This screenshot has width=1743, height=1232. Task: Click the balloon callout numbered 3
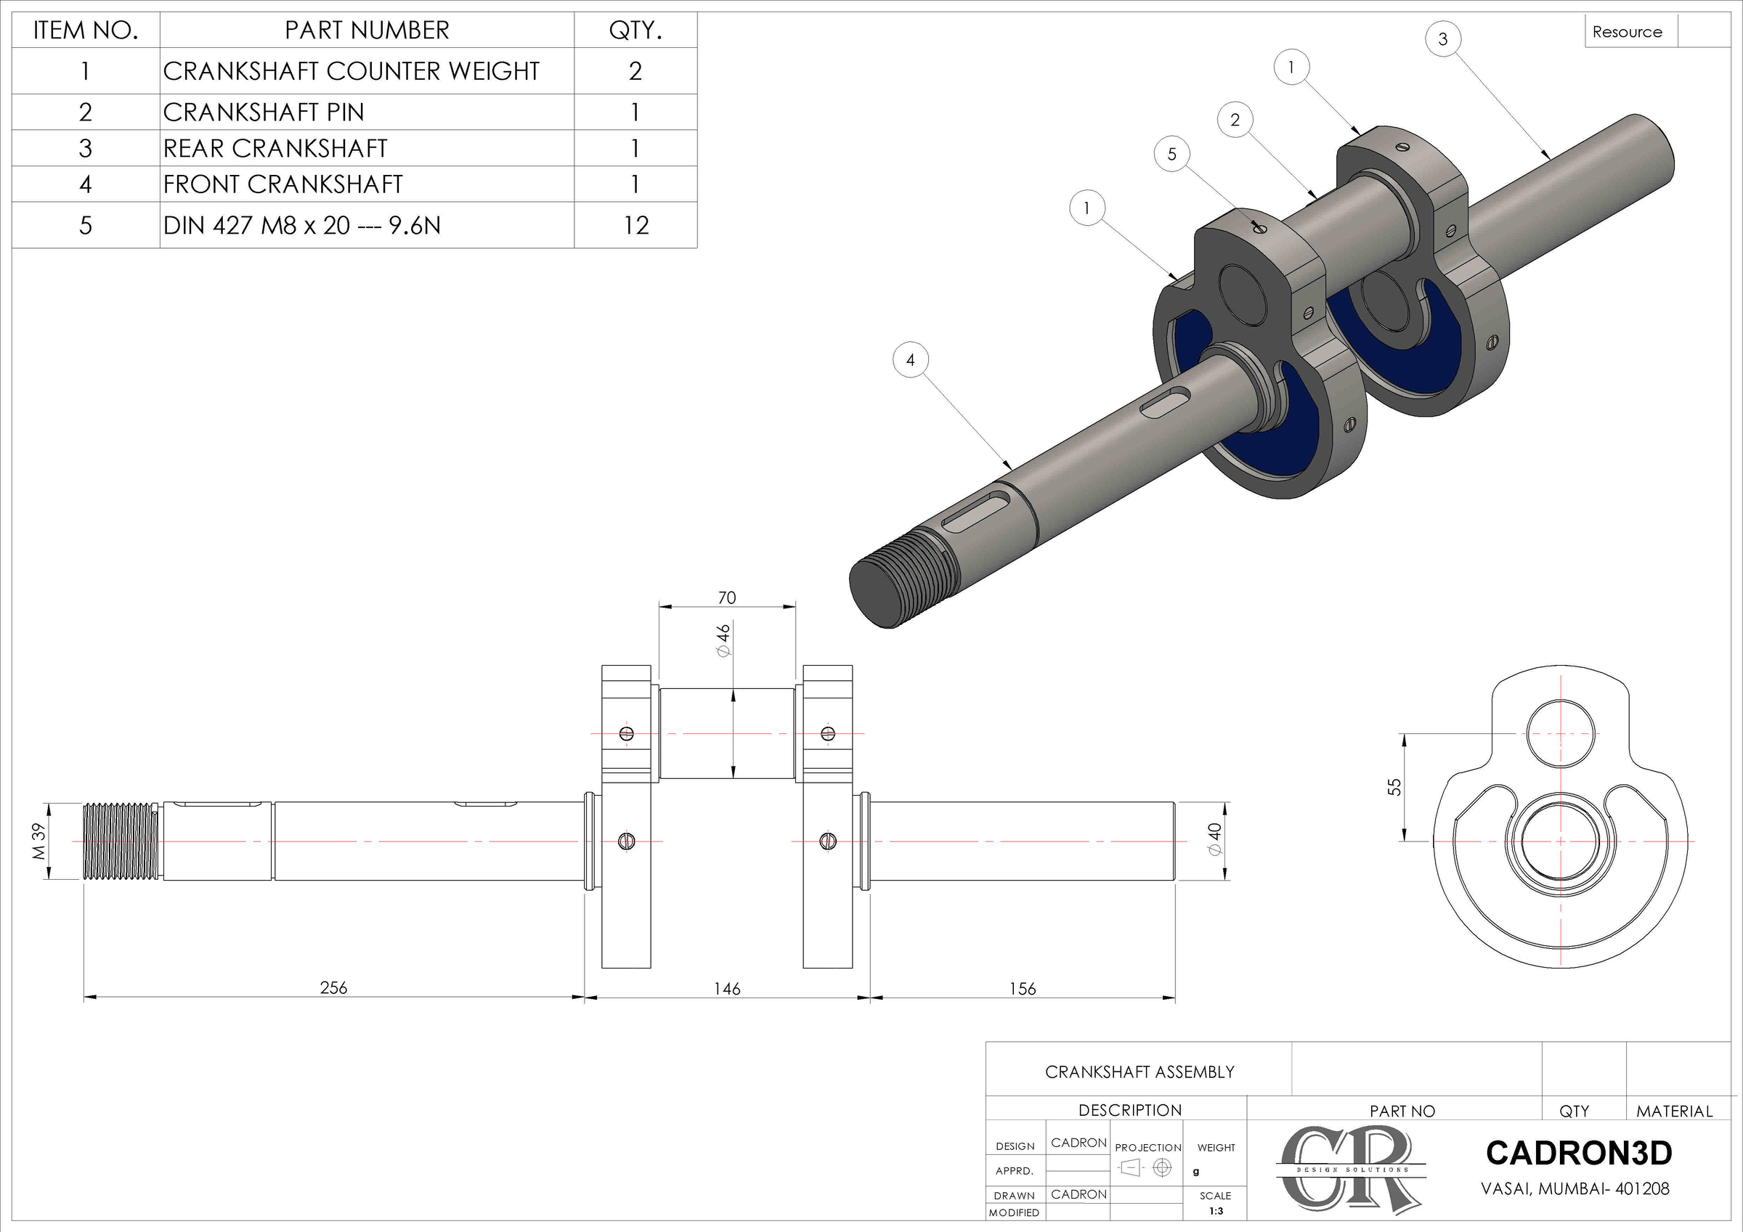pyautogui.click(x=1442, y=38)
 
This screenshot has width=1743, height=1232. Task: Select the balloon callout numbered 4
pyautogui.click(x=910, y=360)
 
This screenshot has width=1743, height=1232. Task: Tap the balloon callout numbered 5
pyautogui.click(x=1171, y=154)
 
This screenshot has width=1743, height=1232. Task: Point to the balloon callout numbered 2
pyautogui.click(x=1235, y=120)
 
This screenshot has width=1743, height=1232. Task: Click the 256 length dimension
pyautogui.click(x=333, y=987)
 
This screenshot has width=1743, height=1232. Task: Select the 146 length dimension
pyautogui.click(x=726, y=988)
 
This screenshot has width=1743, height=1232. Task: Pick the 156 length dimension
pyautogui.click(x=1022, y=988)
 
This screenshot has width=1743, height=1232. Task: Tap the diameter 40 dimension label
pyautogui.click(x=1216, y=839)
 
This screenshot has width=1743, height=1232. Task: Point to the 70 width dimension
pyautogui.click(x=726, y=597)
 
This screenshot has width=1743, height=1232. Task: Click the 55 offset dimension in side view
pyautogui.click(x=1394, y=787)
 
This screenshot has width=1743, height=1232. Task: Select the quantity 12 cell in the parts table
pyautogui.click(x=635, y=226)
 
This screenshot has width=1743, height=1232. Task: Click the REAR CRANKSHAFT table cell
pyautogui.click(x=275, y=148)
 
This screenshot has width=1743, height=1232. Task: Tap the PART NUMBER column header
pyautogui.click(x=367, y=30)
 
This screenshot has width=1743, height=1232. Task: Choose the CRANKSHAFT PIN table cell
pyautogui.click(x=264, y=113)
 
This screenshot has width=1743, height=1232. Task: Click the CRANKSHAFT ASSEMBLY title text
pyautogui.click(x=1139, y=1072)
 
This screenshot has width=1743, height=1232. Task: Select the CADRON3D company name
pyautogui.click(x=1578, y=1153)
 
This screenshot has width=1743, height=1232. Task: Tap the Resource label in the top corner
pyautogui.click(x=1627, y=32)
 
